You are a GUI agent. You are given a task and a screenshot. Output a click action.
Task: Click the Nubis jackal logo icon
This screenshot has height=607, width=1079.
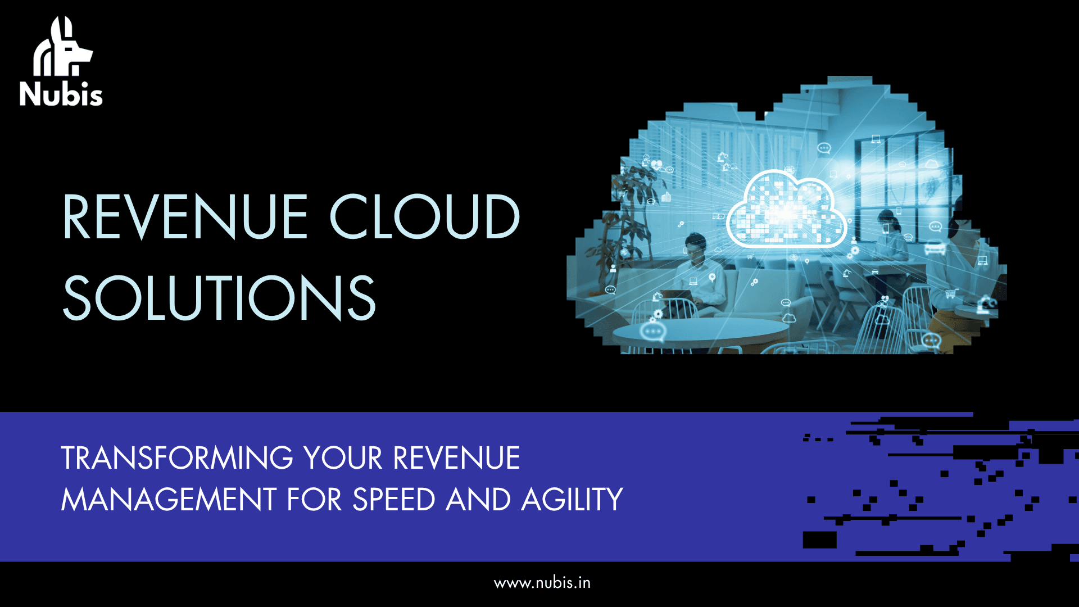(62, 47)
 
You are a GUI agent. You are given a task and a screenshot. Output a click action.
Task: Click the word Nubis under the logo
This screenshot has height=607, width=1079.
(61, 94)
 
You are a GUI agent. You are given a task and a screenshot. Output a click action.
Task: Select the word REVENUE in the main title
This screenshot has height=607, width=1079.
(185, 217)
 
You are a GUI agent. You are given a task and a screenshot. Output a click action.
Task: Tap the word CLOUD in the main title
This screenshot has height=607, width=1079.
(424, 217)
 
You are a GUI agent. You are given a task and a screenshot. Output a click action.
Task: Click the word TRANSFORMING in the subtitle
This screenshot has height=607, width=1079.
(177, 457)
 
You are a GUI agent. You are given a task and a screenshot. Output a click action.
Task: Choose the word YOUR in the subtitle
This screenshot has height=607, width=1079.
(343, 457)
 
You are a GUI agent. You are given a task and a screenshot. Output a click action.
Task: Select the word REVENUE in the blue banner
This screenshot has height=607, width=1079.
(456, 457)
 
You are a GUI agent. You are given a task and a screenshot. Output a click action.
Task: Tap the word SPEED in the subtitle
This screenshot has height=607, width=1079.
(393, 499)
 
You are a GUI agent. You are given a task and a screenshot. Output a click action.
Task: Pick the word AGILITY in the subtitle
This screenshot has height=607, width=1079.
(572, 499)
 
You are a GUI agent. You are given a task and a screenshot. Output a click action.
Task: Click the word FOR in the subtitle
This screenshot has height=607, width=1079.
(314, 499)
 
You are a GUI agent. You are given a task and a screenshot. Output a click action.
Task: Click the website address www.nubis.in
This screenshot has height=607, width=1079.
(542, 583)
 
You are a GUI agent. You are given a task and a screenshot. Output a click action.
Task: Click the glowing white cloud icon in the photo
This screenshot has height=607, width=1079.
(787, 209)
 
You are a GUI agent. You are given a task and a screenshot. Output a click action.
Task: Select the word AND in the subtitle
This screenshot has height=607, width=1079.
(478, 499)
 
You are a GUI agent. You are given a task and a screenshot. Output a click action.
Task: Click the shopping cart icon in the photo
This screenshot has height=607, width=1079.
(950, 293)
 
